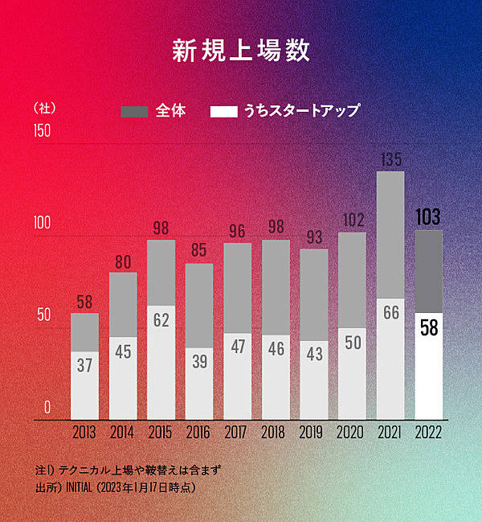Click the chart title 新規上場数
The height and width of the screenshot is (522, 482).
(x=241, y=50)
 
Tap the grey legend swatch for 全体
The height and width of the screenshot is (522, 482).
(x=134, y=111)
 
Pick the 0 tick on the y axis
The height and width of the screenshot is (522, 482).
(x=47, y=407)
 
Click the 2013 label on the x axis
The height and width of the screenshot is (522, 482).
(x=84, y=433)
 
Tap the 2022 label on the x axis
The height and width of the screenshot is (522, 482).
(x=428, y=433)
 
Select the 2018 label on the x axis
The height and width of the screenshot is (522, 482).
(x=276, y=433)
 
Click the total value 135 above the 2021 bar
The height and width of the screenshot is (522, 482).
(x=390, y=159)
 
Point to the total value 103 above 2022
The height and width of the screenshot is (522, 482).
(x=428, y=217)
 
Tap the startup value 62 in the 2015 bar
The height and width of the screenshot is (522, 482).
(x=161, y=320)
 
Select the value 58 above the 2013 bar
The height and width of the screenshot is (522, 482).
(x=84, y=302)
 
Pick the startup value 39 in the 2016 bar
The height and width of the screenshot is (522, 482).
(x=199, y=362)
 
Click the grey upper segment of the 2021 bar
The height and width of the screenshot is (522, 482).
(x=390, y=233)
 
